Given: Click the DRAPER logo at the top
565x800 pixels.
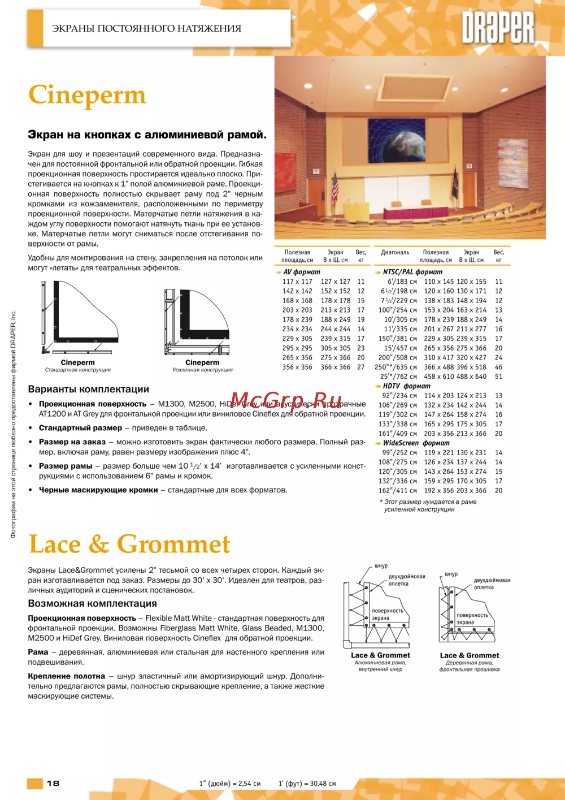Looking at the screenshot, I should coord(498,28).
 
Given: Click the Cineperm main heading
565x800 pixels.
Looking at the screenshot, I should coord(87,96).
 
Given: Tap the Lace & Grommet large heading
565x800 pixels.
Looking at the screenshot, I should coord(129,544).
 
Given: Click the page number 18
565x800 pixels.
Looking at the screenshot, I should coord(53,783).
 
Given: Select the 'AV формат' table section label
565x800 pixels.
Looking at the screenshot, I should coord(301,272).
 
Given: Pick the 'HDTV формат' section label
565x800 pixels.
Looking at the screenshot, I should coord(406,386).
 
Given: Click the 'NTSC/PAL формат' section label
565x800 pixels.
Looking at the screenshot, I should coord(412,272).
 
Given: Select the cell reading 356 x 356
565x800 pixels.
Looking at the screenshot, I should coord(297,367).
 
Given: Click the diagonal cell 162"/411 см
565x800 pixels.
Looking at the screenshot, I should coord(398,491).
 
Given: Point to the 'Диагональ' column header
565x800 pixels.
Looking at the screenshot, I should coord(395,253).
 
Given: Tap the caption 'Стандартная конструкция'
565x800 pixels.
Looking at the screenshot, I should coord(78,370).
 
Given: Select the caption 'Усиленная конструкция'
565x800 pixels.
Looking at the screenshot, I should coord(202,370).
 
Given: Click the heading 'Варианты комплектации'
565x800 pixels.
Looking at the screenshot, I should coord(89,390).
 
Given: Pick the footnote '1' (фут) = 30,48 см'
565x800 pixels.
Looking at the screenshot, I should coord(307,784).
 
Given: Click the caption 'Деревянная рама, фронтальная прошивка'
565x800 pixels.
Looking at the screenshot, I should coord(469,666).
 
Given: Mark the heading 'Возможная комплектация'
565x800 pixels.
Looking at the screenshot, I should coord(92,604).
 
